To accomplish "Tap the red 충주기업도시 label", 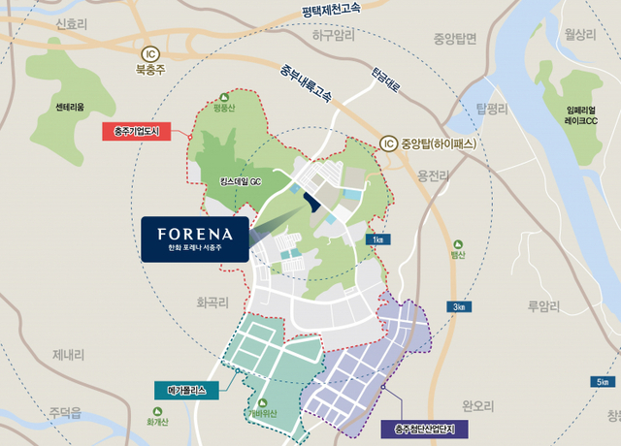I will pos(137,130).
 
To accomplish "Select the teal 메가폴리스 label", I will pos(187,391).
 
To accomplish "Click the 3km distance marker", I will pos(460,306).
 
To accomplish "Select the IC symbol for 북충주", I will pos(149,53).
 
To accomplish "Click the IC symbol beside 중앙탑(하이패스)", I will pos(390,140).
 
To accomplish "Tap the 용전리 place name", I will pos(435,175).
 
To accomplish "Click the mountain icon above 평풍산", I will pos(225,97).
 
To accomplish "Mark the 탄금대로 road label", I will pos(385,78).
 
